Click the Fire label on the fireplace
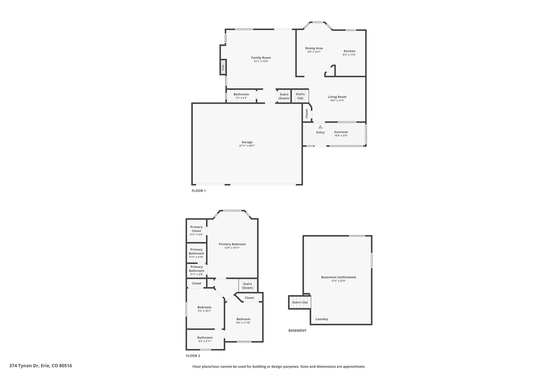[x=223, y=67]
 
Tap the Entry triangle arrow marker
[x=320, y=127]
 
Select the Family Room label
[x=261, y=58]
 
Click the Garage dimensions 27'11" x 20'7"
[x=247, y=146]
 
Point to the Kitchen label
[x=349, y=51]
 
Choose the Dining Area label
[x=314, y=48]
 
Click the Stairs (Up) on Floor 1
[x=300, y=96]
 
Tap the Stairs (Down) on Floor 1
[x=284, y=96]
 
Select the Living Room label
[x=337, y=97]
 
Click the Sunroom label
[x=341, y=132]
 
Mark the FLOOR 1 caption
[x=199, y=191]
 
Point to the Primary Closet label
[x=196, y=229]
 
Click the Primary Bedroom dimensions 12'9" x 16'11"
[x=232, y=248]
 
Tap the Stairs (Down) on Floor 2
[x=247, y=286]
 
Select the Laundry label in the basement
[x=322, y=319]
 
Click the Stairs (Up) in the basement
[x=300, y=302]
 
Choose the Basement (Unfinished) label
[x=338, y=277]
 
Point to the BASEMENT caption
[x=297, y=331]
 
